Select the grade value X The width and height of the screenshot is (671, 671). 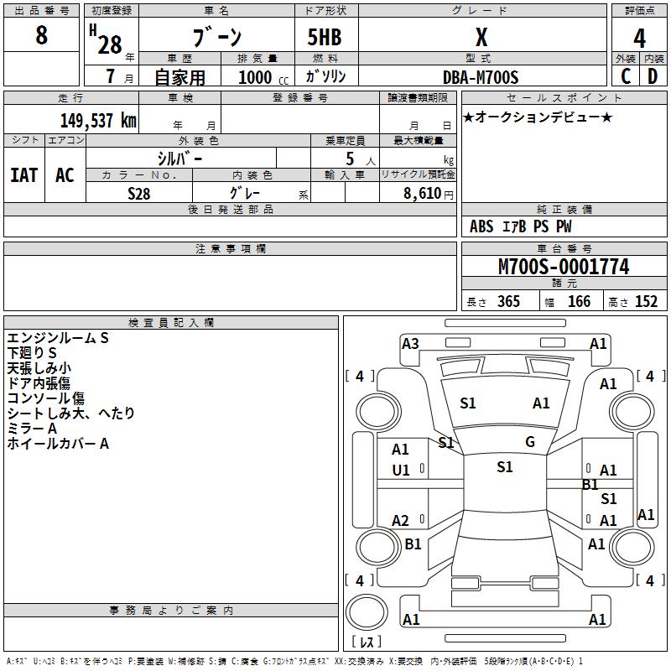(481, 37)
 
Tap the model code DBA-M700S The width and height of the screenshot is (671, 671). (481, 77)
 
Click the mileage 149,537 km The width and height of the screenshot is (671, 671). (98, 120)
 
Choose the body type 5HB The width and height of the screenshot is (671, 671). (325, 37)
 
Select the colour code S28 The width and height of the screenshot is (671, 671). (139, 193)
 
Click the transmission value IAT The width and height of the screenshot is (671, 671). (23, 174)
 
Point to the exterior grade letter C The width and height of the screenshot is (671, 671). (626, 76)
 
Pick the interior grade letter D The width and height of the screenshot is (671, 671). (653, 76)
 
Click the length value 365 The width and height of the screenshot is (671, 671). (508, 301)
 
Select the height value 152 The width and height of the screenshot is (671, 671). (646, 301)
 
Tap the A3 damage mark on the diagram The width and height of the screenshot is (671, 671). (410, 343)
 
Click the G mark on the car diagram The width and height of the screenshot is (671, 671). (530, 442)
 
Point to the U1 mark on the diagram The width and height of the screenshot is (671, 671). (401, 471)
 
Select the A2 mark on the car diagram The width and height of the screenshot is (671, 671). (401, 521)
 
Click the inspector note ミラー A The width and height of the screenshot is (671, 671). (32, 429)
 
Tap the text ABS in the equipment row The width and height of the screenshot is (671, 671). (481, 226)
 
